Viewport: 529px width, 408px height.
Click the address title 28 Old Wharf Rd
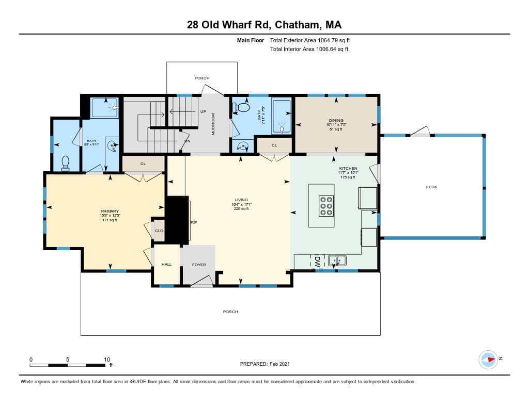[264, 25]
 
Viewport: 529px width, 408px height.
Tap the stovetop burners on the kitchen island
[326, 206]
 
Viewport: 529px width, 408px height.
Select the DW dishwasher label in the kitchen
[317, 262]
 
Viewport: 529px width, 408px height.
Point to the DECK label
[431, 187]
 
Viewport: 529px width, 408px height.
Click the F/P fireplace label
[194, 223]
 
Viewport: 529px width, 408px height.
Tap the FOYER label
[199, 265]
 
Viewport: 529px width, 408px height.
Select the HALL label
[166, 265]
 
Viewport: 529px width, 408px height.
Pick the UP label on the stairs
[204, 111]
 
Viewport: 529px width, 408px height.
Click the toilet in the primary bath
[66, 164]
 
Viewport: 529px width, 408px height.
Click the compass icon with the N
[488, 359]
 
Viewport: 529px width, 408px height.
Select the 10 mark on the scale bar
[106, 360]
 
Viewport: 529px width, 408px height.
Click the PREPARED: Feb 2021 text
[264, 364]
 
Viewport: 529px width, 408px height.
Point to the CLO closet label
[159, 231]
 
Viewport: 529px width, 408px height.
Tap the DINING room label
[336, 121]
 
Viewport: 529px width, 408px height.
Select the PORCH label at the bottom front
[230, 312]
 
